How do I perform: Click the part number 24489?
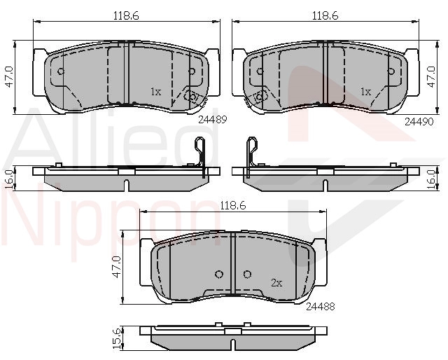[212, 120]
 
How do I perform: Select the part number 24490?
[419, 122]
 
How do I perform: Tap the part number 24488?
[321, 307]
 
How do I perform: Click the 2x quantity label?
[276, 283]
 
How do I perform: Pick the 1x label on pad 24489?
[156, 92]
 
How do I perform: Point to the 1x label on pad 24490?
[365, 92]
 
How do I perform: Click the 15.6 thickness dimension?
[117, 338]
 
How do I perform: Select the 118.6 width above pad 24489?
[126, 15]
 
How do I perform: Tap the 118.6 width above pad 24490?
[325, 15]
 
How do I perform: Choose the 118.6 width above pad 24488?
[232, 205]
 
